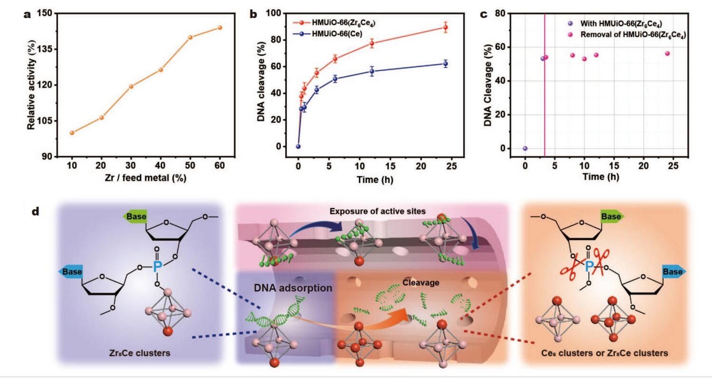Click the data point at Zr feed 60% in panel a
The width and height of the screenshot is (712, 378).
[220, 28]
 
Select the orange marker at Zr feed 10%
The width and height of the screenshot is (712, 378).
[72, 133]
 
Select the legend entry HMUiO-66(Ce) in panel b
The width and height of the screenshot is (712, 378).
[338, 34]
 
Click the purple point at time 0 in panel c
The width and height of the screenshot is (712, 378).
[525, 148]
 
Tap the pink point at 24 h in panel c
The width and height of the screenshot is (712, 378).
[667, 54]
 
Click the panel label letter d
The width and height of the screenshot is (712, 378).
[35, 212]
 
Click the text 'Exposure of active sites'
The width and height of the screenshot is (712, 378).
[374, 212]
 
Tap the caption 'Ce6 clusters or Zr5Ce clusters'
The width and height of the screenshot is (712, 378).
[605, 353]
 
